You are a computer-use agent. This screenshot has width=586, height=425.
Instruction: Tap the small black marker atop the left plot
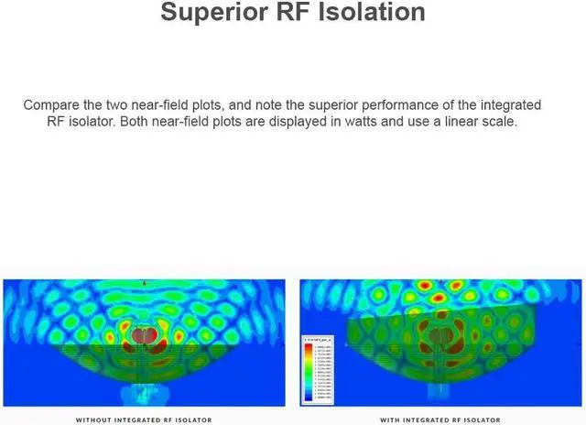pos(144,283)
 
